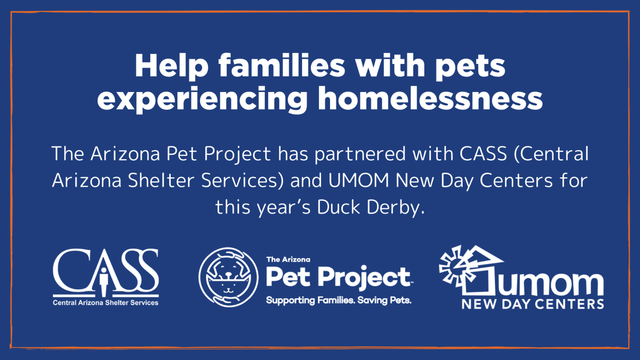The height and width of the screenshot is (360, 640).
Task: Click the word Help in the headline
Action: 172,66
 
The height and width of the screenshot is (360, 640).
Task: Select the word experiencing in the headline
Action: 202,99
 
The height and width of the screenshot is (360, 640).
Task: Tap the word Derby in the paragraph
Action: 395,208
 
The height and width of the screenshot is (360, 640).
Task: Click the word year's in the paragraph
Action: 283,208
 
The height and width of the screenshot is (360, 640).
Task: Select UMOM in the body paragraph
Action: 358,181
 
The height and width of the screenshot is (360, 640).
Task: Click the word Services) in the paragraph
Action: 243,181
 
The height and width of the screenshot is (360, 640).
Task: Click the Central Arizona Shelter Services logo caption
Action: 106,303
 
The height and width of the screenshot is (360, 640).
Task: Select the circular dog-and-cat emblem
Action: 229,277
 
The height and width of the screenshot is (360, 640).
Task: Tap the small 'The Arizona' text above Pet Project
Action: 288,259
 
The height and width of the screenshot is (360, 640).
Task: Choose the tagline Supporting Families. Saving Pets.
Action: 338,301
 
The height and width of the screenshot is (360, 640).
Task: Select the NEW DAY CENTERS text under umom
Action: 533,304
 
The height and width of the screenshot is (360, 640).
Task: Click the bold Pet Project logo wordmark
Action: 339,277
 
